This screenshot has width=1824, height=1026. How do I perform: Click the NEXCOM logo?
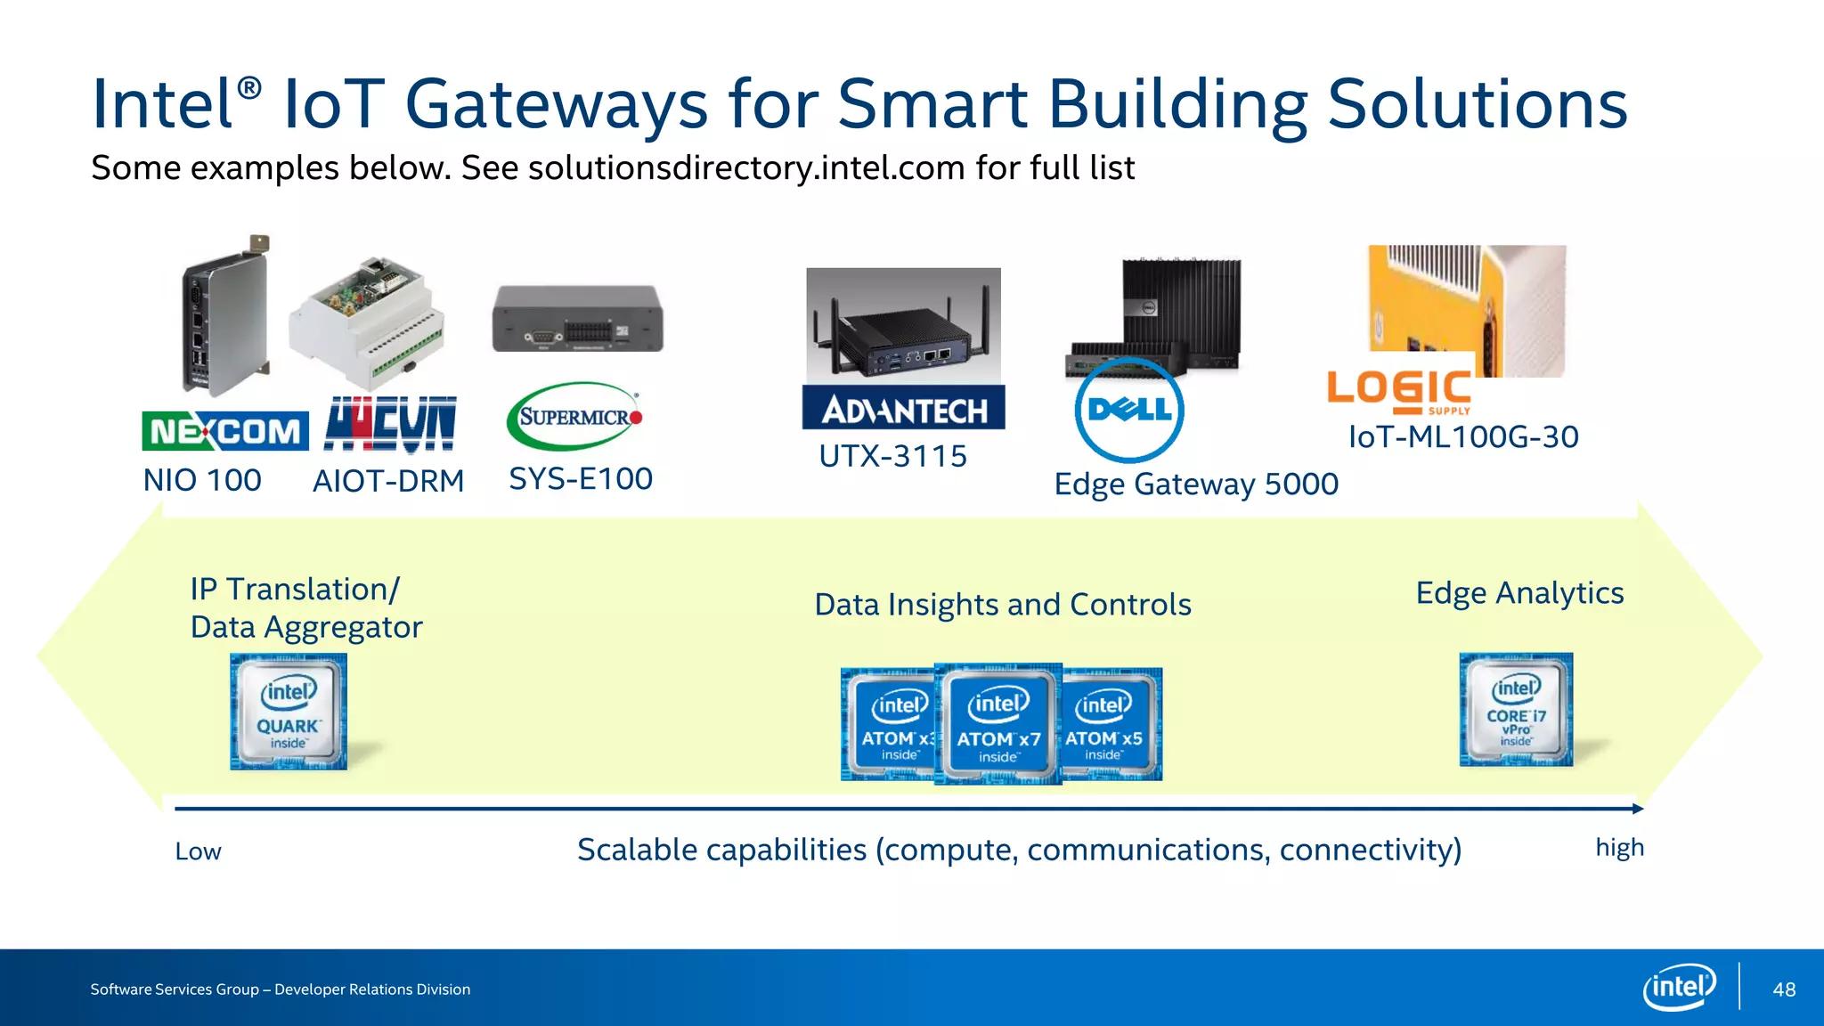coord(225,431)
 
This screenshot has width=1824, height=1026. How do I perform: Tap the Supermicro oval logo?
coord(574,416)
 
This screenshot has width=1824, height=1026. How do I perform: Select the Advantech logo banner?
coord(903,408)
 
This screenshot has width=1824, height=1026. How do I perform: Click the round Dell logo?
coord(1129,410)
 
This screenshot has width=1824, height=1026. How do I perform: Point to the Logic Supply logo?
coord(1398,392)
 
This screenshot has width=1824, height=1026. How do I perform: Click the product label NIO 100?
coord(202,480)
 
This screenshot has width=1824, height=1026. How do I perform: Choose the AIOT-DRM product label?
coord(388,481)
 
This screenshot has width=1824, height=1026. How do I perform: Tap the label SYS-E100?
coord(581,478)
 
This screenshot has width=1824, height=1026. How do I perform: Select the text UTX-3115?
coord(892,456)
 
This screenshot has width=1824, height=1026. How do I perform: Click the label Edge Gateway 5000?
coord(1196,484)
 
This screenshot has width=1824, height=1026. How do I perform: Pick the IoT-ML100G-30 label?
coord(1463,436)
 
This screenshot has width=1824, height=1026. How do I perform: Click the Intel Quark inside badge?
coord(289,712)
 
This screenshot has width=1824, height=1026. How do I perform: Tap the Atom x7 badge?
coord(998,724)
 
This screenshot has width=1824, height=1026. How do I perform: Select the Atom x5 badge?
coord(1111,724)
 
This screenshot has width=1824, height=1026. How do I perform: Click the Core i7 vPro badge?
coord(1516,710)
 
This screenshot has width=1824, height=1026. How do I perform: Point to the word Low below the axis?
coord(198,851)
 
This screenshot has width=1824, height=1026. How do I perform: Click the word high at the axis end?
coord(1619,848)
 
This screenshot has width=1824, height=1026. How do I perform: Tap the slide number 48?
coord(1784,989)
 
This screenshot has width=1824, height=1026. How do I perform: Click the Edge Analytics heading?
coord(1519,593)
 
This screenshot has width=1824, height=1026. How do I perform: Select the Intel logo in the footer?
coord(1679,987)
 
